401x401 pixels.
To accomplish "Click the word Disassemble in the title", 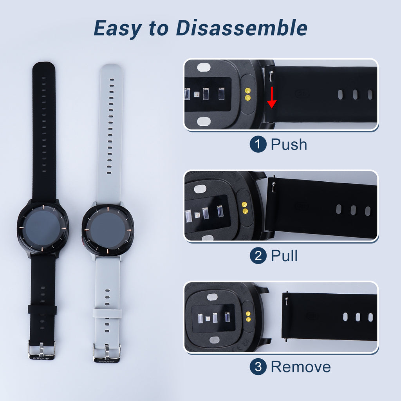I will click(x=241, y=28).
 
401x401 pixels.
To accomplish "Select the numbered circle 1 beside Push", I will click(x=258, y=145).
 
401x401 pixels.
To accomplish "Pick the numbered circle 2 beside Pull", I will click(x=258, y=256).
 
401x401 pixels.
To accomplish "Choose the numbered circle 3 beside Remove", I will click(x=258, y=367).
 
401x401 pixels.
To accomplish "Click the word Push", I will click(x=289, y=145).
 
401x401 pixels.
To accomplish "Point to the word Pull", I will click(x=284, y=256).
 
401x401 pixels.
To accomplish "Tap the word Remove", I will click(x=301, y=367).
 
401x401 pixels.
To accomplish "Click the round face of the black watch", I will click(x=43, y=228).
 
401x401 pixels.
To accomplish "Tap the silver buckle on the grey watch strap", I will click(x=107, y=350).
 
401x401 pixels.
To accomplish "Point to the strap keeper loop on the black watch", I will click(x=42, y=310).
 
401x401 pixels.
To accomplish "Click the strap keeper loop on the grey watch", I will click(x=107, y=313).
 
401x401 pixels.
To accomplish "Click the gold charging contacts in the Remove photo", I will click(x=247, y=316).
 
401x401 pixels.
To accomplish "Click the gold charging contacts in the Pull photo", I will click(x=245, y=208).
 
